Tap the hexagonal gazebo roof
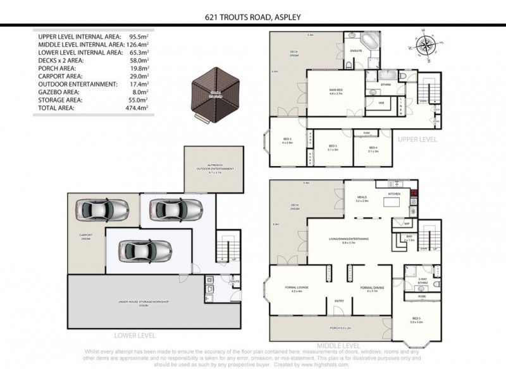(x=213, y=96)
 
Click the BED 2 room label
(x=287, y=140)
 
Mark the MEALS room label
(x=362, y=197)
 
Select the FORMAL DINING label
(x=370, y=288)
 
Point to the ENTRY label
(x=340, y=301)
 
